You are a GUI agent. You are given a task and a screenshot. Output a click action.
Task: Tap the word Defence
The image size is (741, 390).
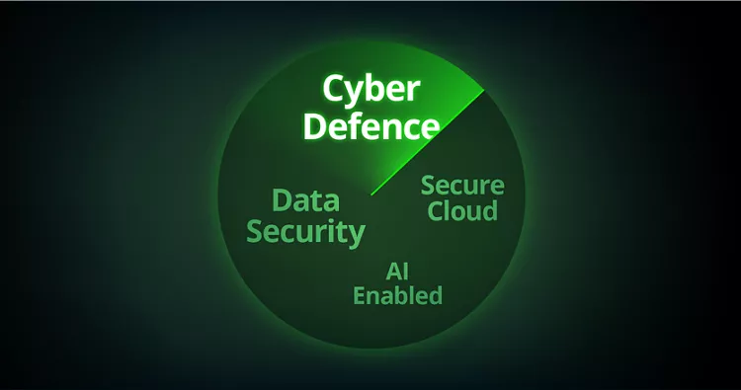click(x=371, y=125)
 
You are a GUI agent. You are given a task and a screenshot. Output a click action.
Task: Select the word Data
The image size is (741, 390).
click(x=306, y=200)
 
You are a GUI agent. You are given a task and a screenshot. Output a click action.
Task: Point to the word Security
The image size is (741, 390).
click(x=305, y=233)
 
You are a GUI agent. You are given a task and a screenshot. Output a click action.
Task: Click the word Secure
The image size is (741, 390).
click(x=462, y=185)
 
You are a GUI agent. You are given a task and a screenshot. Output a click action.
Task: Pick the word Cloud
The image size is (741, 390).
click(x=462, y=210)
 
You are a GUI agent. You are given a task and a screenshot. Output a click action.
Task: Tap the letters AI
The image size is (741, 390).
click(x=397, y=272)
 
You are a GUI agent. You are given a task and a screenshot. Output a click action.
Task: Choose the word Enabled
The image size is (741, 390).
click(x=398, y=295)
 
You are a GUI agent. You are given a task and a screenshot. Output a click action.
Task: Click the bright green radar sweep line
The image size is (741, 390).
click(x=428, y=142)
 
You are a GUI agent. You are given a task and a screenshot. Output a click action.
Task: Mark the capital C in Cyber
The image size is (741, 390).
click(x=334, y=89)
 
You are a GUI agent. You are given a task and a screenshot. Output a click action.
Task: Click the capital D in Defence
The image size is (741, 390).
click(x=315, y=126)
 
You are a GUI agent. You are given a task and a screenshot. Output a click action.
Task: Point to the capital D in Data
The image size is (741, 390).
click(x=283, y=200)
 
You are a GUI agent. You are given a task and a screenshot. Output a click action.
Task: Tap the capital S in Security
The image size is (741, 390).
click(x=256, y=231)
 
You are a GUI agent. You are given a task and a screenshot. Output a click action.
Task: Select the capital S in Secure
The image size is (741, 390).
click(x=428, y=185)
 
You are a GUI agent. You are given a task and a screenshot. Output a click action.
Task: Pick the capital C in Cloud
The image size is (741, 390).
click(x=436, y=211)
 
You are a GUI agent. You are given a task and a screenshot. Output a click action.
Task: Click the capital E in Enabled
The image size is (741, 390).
click(x=360, y=296)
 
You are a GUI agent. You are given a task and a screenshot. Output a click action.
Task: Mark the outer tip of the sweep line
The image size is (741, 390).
click(x=484, y=90)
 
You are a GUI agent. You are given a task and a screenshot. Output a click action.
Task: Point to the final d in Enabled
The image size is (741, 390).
click(x=435, y=295)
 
